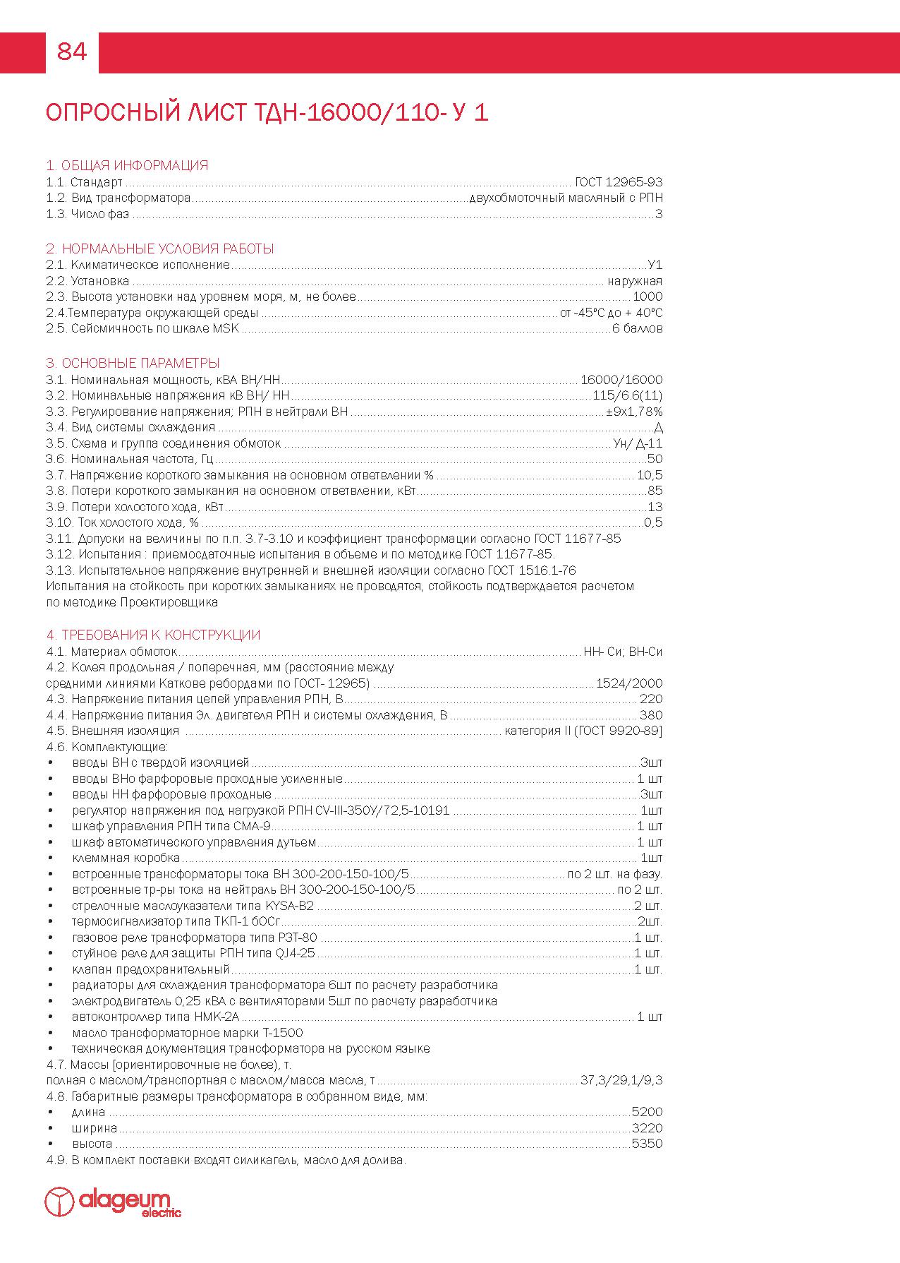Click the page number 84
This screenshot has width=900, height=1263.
tap(71, 52)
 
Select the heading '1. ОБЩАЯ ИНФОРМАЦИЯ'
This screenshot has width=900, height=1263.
tap(127, 166)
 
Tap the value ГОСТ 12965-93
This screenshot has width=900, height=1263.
tap(619, 182)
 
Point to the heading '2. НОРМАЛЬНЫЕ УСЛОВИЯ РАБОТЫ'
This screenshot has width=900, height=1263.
tap(160, 249)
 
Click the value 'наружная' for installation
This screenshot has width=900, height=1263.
tap(635, 281)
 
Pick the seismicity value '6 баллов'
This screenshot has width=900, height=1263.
tap(637, 328)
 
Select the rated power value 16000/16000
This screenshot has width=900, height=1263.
tap(621, 380)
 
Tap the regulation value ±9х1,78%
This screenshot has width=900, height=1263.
tap(634, 412)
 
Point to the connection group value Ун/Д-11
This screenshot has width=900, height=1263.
tap(638, 443)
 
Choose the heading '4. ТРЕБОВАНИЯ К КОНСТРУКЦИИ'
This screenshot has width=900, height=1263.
tap(153, 635)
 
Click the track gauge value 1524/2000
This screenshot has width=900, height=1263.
tap(629, 683)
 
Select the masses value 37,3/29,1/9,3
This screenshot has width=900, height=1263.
tap(621, 1080)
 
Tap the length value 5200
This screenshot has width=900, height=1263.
tap(647, 1112)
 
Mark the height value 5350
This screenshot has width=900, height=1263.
tap(647, 1144)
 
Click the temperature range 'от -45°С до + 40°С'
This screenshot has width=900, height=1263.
tap(611, 313)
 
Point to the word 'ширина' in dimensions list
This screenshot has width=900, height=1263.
tap(95, 1128)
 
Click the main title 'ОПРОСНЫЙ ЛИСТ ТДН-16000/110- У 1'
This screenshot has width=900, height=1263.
tap(267, 113)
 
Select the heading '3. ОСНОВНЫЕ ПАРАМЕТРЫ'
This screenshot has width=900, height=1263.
tap(133, 364)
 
